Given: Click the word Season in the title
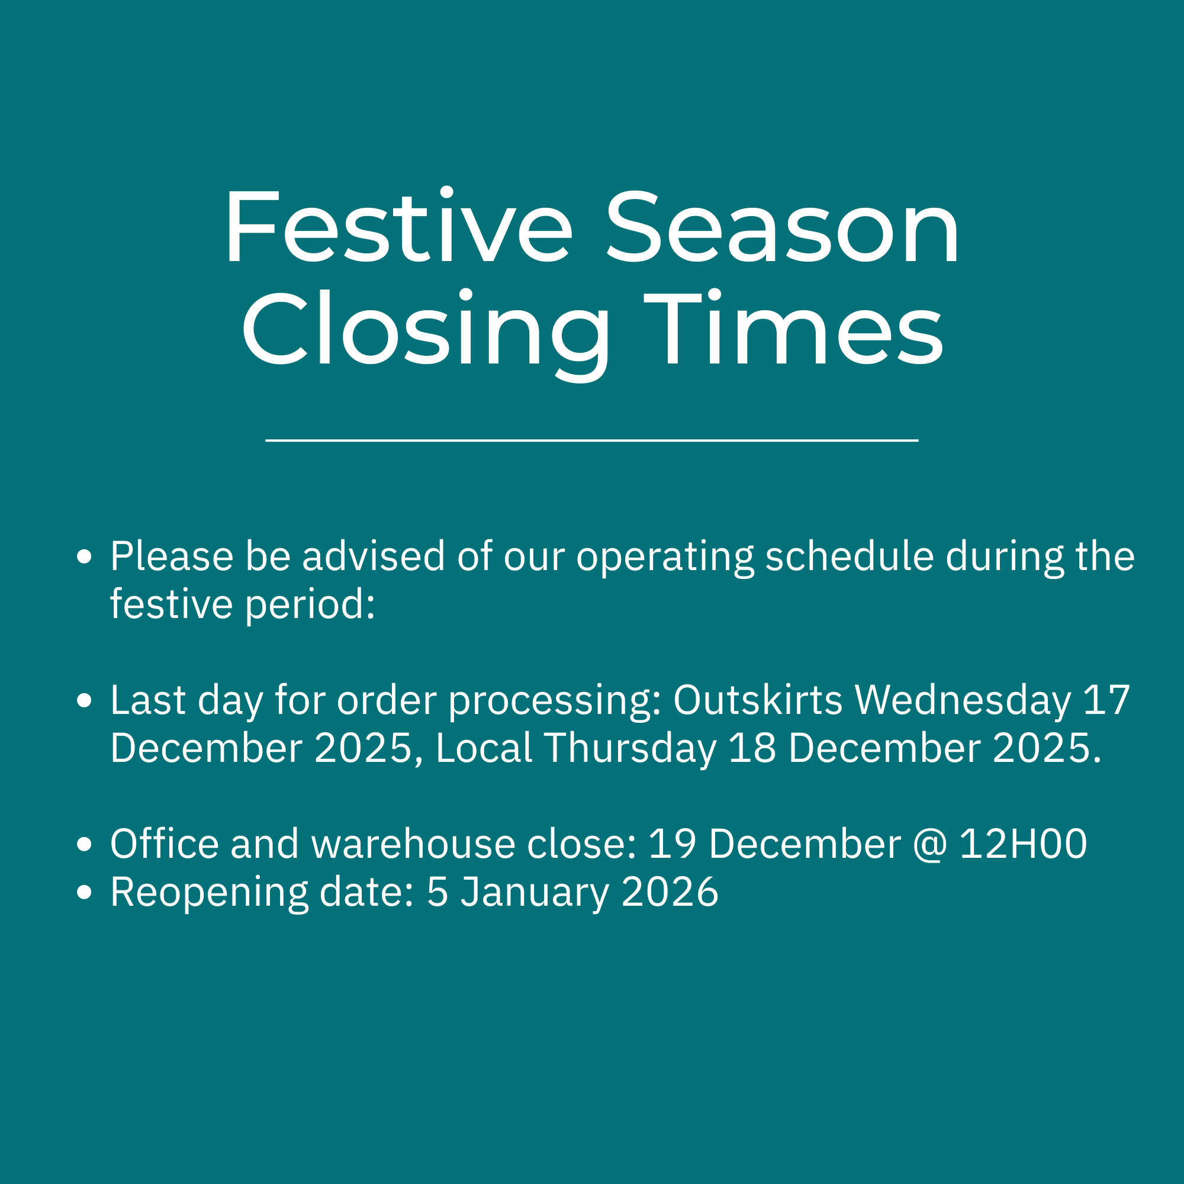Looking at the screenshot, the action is tap(783, 227).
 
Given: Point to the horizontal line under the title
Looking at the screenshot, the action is tap(592, 440).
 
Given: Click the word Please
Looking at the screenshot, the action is tap(172, 556).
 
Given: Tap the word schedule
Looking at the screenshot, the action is tap(850, 556).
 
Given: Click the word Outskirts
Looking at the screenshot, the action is tap(758, 699).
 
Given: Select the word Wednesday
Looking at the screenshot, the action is tap(963, 700).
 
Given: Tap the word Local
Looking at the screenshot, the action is tap(484, 748).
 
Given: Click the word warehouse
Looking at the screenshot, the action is tap(414, 843).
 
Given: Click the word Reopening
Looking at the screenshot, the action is tap(210, 893).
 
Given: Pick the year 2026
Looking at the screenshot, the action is tap(670, 892).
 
